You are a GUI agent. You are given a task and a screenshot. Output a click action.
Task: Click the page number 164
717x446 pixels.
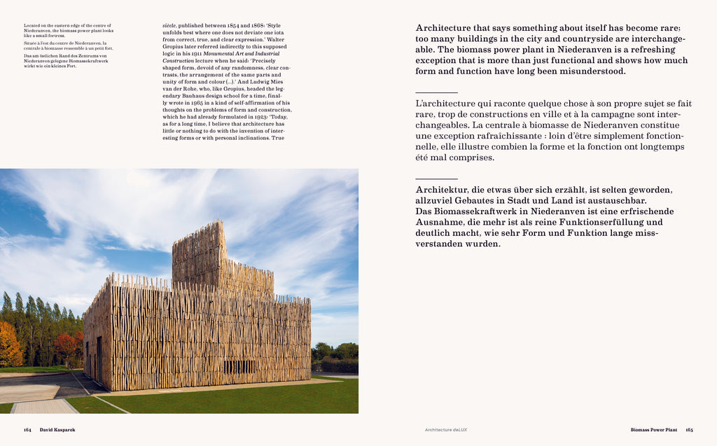27,429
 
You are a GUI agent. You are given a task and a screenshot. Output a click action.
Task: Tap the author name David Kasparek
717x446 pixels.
57,429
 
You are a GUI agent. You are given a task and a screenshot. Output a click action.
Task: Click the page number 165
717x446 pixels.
689,429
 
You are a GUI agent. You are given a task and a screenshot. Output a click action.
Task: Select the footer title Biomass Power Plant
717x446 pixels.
654,429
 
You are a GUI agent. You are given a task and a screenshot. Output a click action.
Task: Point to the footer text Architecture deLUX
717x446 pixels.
446,429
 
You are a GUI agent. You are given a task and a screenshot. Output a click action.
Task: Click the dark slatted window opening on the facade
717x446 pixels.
239,366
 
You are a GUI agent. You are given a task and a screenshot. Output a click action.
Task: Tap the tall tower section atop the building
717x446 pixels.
198,252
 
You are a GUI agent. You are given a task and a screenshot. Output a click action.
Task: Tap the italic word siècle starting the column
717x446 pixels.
169,25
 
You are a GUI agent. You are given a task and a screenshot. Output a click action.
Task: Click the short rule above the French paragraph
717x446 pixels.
436,92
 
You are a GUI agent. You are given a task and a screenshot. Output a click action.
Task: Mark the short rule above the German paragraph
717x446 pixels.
436,179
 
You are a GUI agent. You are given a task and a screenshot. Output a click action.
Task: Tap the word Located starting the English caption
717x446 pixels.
32,25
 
